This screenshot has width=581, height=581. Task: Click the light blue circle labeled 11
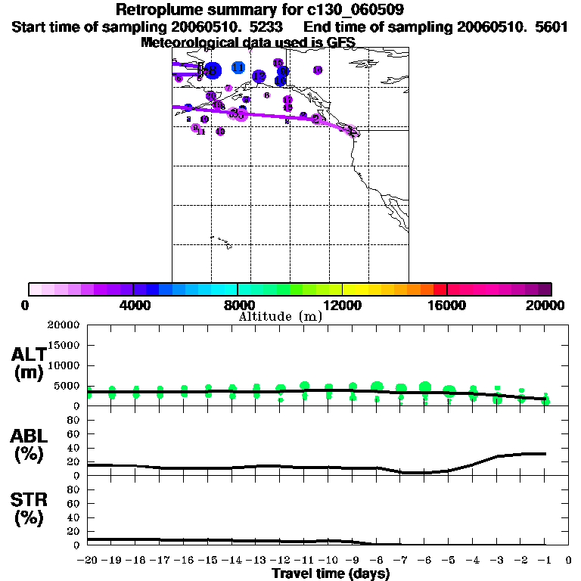(238, 67)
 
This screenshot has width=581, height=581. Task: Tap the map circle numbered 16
(281, 80)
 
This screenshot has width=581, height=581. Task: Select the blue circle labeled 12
(259, 76)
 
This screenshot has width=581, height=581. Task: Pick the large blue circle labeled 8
(213, 70)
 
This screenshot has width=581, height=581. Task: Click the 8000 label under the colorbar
(238, 306)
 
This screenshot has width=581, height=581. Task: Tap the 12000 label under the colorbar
(343, 306)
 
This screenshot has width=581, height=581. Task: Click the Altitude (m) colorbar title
(280, 316)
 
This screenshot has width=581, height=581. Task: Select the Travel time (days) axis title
(331, 573)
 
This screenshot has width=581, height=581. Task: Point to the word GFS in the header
(340, 42)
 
